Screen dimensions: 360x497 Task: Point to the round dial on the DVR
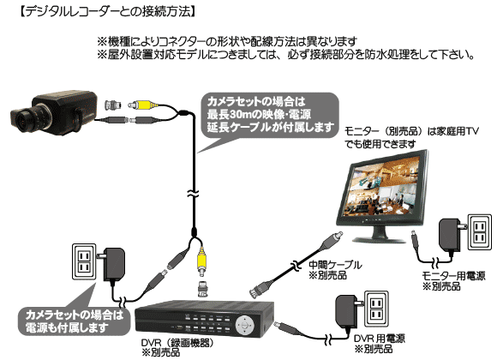coord(248,324)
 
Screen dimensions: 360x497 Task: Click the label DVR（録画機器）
coord(177,342)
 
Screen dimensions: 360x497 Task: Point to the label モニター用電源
coord(453,276)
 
